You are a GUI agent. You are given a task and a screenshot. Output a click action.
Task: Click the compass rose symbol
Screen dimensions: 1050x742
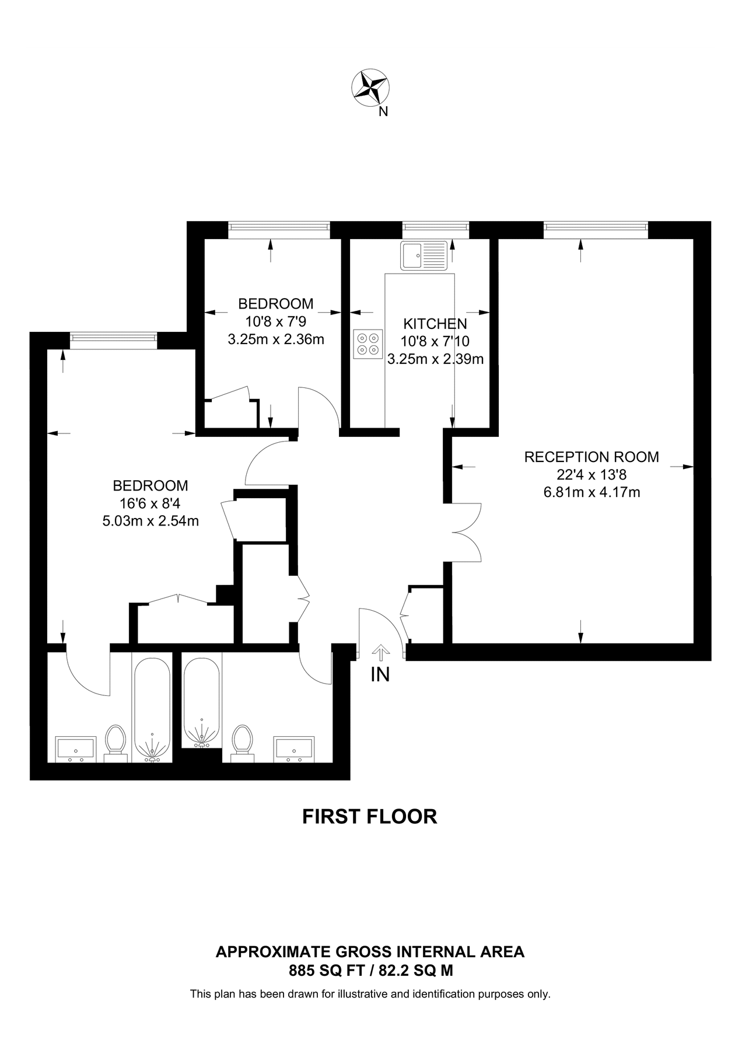point(370,88)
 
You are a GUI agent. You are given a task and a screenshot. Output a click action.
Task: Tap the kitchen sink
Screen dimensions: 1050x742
point(424,256)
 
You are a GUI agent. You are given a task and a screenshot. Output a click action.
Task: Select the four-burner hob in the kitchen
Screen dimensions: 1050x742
point(368,344)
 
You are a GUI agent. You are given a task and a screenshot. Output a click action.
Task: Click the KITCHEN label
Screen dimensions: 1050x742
point(435,324)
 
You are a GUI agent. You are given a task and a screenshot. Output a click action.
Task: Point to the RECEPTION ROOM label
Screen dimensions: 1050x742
point(591,457)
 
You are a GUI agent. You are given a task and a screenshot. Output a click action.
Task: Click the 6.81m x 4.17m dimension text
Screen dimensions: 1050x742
point(591,492)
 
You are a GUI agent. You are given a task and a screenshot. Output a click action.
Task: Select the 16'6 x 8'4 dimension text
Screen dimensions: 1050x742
point(150,503)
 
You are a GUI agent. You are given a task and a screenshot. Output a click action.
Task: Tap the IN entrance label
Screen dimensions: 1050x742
point(380,675)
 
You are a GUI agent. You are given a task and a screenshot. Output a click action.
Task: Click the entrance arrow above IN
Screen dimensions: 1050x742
point(380,652)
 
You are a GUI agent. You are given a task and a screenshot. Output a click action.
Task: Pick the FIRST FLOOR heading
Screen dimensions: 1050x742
point(369,817)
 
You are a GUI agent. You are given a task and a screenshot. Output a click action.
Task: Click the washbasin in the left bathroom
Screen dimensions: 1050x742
point(75,749)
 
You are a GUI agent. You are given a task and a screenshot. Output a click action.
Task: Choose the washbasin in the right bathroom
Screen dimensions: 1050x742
point(295,749)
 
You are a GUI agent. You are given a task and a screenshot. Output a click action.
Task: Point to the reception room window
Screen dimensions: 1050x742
point(596,230)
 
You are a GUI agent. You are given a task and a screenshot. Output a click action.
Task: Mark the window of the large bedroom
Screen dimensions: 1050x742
point(113,340)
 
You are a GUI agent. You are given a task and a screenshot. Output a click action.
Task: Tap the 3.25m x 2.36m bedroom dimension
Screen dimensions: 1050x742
point(275,339)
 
